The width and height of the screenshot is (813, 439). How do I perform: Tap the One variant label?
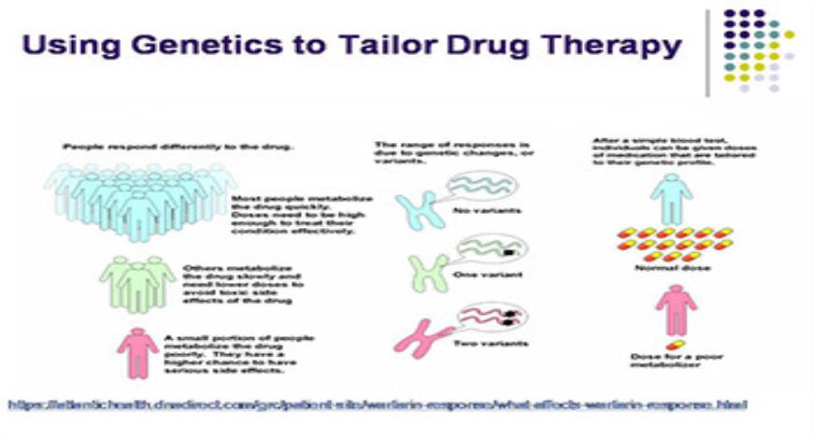(480, 277)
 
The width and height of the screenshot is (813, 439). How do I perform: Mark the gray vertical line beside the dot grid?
(708, 52)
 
